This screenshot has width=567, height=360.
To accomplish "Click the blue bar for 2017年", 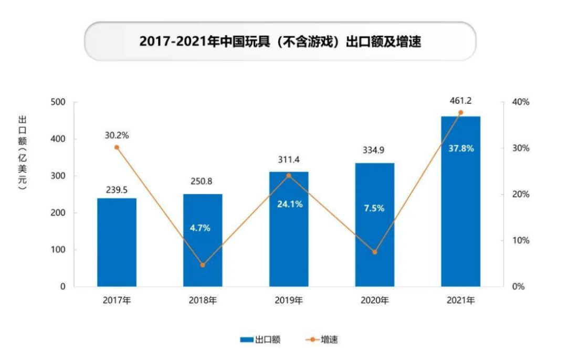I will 117,242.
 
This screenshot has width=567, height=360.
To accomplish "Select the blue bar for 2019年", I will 289,229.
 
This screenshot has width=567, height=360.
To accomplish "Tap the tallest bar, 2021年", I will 460,202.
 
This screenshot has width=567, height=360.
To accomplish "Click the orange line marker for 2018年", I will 203,265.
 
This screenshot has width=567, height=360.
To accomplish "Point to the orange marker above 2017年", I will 117,147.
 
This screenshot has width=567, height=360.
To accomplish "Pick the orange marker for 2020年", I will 374,252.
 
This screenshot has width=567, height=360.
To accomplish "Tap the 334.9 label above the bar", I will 374,150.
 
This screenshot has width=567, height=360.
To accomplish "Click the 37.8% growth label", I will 461,149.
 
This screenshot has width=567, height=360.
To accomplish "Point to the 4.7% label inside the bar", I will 200,228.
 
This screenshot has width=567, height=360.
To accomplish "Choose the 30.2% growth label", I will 117,135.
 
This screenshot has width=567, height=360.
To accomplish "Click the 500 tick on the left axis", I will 59,102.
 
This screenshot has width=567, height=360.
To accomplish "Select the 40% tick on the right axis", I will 521,102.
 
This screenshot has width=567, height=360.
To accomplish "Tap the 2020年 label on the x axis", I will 374,301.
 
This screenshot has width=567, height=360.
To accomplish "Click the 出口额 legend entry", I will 260,340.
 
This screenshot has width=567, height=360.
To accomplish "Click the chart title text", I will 280,41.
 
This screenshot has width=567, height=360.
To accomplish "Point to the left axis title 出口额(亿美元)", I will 22,153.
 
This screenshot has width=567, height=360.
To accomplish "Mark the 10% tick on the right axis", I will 521,240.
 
